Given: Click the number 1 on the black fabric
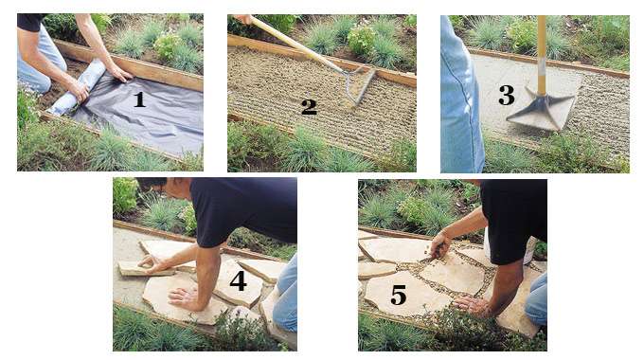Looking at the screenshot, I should coord(139,98).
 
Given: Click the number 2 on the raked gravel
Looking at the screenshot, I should coord(309,106).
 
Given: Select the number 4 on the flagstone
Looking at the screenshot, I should coord(237,281).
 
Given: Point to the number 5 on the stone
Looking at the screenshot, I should coord(399,296).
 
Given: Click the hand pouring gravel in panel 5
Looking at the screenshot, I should coord(437,248).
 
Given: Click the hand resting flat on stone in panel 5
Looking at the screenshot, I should coord(472,305).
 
